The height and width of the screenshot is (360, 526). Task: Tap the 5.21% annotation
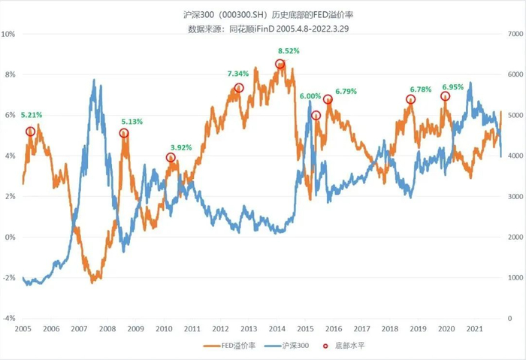31,115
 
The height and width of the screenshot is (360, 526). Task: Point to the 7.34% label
238,74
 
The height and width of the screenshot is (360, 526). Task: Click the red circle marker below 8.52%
280,65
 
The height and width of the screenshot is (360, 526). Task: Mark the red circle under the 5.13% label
124,133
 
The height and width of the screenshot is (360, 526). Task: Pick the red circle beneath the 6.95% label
445,96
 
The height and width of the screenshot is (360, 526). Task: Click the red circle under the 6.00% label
316,115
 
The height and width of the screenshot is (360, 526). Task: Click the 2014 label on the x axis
277,329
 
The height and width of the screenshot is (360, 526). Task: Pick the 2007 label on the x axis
79,329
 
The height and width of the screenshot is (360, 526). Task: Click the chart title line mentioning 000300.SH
262,14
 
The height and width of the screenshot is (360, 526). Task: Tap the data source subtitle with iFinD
262,29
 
